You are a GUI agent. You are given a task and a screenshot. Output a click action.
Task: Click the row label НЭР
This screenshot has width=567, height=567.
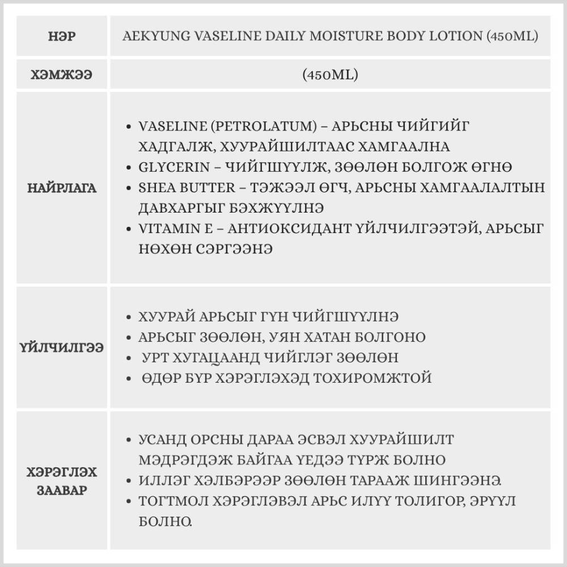point(62,37)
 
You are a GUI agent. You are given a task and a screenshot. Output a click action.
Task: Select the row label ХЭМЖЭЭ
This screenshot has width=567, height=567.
point(62,74)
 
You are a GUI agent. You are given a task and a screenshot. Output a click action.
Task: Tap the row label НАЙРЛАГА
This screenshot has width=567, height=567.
point(62,188)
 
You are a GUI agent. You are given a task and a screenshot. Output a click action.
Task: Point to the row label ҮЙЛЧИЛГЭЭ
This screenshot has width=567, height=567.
point(62,348)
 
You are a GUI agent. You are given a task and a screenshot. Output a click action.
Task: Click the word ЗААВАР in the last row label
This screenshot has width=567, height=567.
point(62,490)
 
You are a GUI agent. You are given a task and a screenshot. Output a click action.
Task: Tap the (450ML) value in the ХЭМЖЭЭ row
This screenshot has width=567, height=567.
point(330,74)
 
